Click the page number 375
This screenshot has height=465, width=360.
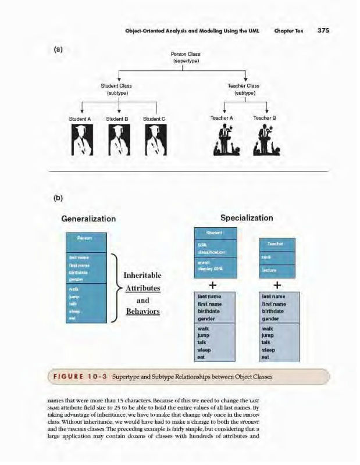point(323,30)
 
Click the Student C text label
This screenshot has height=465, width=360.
point(155,119)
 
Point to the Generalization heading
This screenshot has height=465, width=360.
point(88,219)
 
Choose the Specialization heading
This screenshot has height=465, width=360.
point(247,218)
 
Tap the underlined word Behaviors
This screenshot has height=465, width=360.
point(142,312)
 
